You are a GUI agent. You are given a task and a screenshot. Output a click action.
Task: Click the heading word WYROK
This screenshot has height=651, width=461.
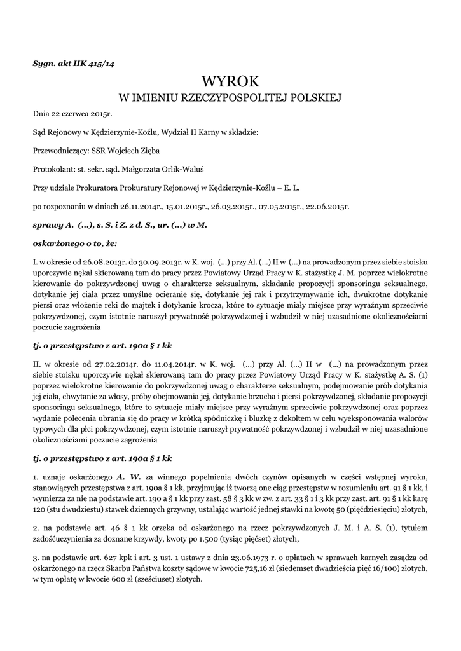(230, 81)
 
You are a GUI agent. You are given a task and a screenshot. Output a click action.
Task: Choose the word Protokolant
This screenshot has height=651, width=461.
(53, 170)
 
